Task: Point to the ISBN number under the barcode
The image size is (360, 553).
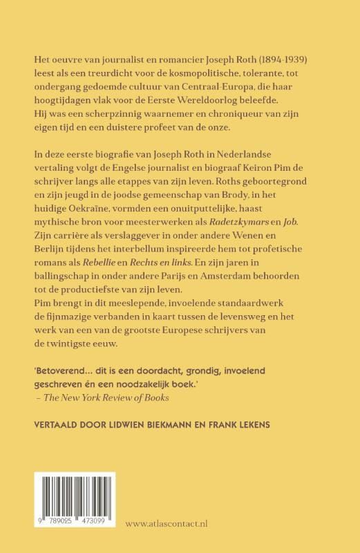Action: [x=69, y=534]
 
